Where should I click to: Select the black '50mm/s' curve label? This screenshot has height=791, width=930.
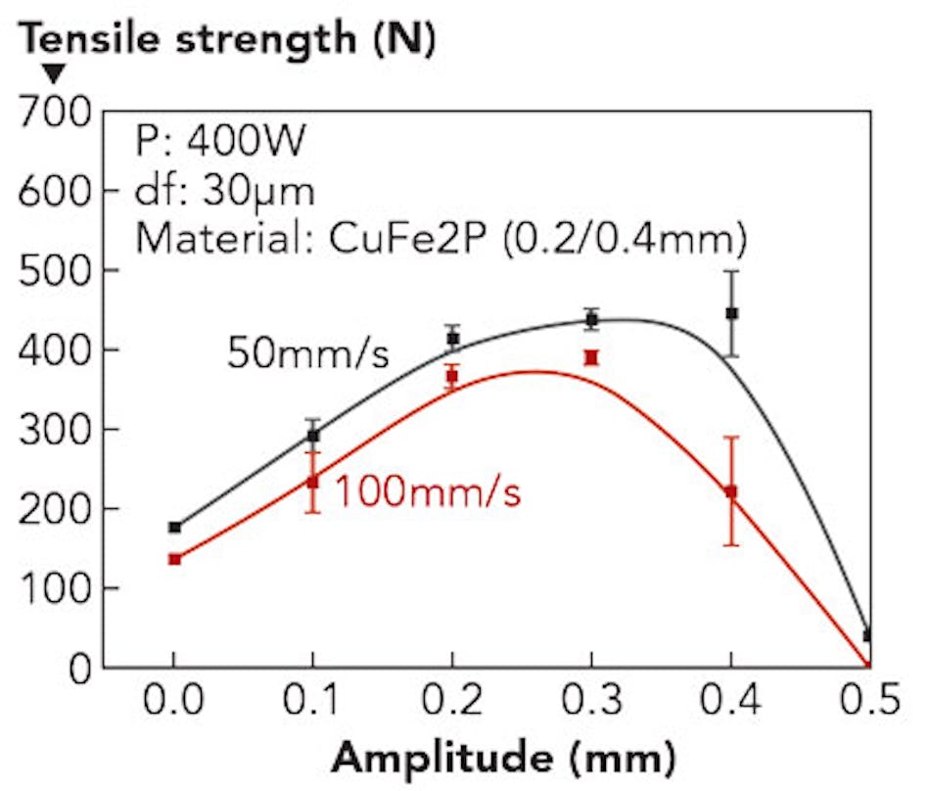(x=308, y=353)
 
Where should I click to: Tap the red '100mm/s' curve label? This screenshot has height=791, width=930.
(x=428, y=492)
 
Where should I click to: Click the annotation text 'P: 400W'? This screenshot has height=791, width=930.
(x=221, y=144)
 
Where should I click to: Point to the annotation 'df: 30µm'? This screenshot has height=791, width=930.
(x=225, y=190)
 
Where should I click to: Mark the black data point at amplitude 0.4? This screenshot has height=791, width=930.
(x=731, y=313)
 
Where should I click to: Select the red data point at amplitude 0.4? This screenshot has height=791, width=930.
(x=731, y=491)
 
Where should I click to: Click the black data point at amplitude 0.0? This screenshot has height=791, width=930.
(x=174, y=527)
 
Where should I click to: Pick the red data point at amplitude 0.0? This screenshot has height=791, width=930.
(x=174, y=559)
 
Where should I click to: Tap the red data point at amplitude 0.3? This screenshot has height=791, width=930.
(x=591, y=357)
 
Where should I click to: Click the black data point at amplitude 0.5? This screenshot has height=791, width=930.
(x=868, y=635)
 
